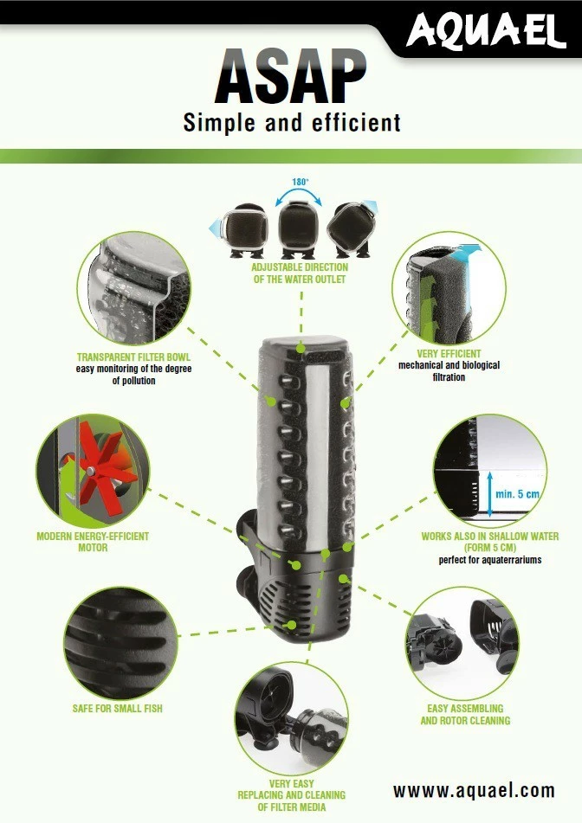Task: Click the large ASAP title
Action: pyautogui.click(x=291, y=78)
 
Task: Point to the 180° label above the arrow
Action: pyautogui.click(x=299, y=183)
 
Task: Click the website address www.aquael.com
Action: pyautogui.click(x=473, y=789)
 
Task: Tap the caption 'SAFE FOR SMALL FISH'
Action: pyautogui.click(x=117, y=709)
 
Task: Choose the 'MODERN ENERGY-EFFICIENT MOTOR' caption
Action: pyautogui.click(x=93, y=542)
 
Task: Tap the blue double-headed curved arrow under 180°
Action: pyautogui.click(x=299, y=197)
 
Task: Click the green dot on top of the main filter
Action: pyautogui.click(x=300, y=348)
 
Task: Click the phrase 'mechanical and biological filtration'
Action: pyautogui.click(x=449, y=371)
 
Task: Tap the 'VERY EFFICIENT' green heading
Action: pyautogui.click(x=449, y=354)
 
